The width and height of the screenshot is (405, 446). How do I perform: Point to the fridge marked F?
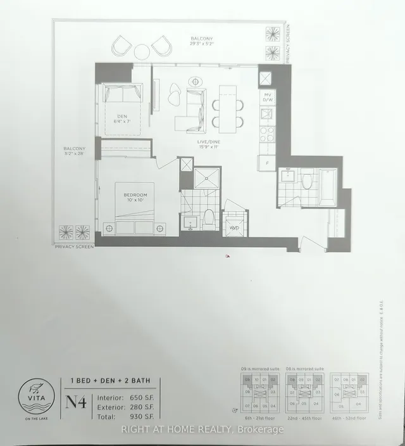tap(268, 163)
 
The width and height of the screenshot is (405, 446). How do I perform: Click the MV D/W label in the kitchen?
tap(268, 97)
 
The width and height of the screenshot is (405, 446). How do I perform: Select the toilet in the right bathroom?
tap(308, 182)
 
